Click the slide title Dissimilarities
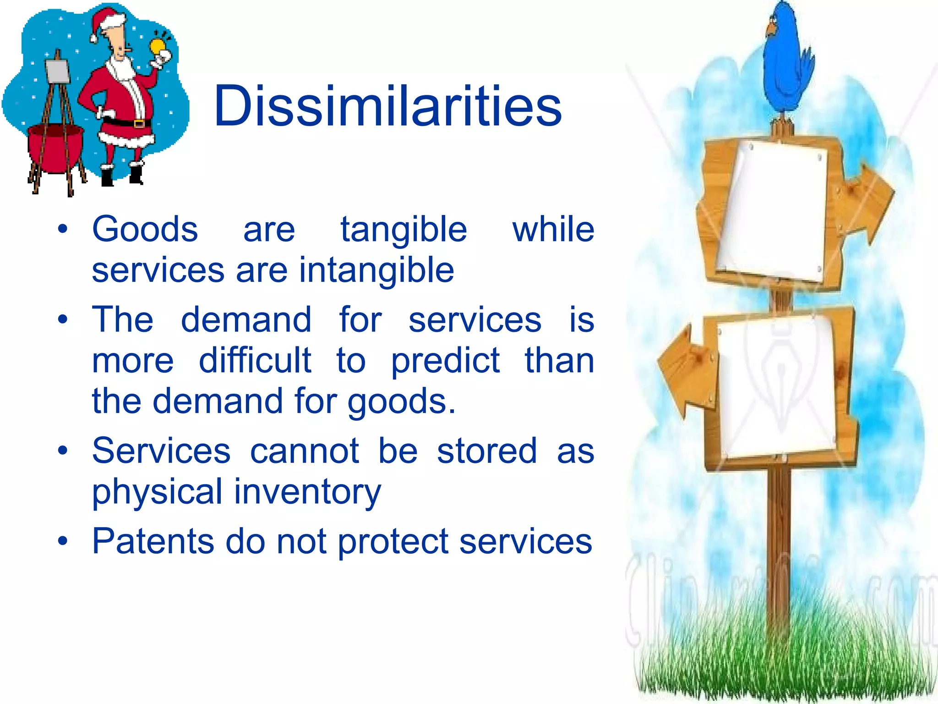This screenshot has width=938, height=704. (387, 106)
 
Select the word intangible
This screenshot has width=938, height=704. (376, 270)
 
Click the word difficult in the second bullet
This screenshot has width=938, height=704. (255, 361)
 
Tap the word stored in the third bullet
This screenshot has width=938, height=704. (487, 451)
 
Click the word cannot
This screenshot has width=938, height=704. (305, 451)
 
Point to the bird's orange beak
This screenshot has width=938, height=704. (770, 30)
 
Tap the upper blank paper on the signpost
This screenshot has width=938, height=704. (774, 211)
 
